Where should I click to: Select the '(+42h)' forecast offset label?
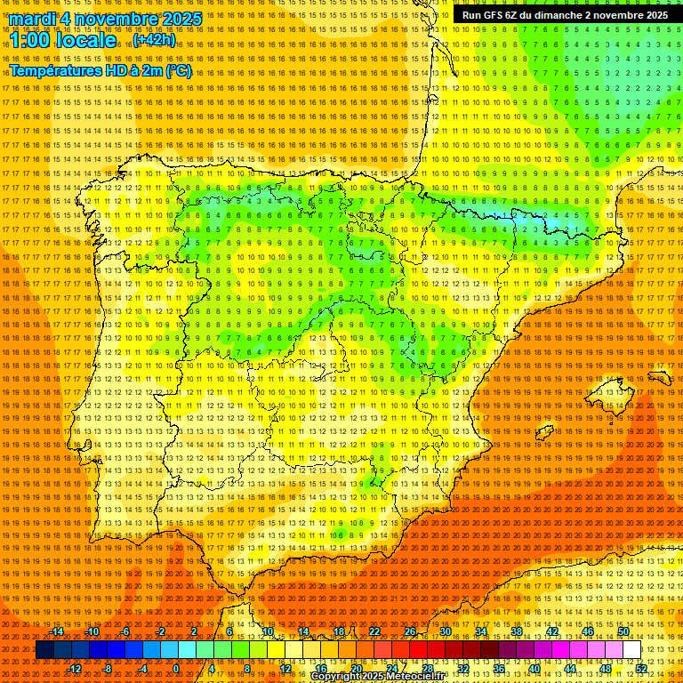coord(154,40)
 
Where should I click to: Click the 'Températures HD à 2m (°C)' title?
coord(100,71)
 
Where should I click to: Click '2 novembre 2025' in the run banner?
coord(626,15)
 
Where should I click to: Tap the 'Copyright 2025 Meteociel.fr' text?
coord(390,677)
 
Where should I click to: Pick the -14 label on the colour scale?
coord(57,631)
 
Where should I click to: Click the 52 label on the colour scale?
coord(641,668)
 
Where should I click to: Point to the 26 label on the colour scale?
coord(410,631)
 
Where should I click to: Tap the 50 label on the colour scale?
coord(623,631)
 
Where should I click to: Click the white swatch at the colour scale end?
coord(631,650)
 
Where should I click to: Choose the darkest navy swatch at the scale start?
coord(44,650)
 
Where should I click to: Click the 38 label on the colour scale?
coord(517,631)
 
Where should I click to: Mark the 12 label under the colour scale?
coord(285,668)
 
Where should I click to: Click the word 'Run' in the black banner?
coord(472,15)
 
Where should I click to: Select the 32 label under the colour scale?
coord(463,668)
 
